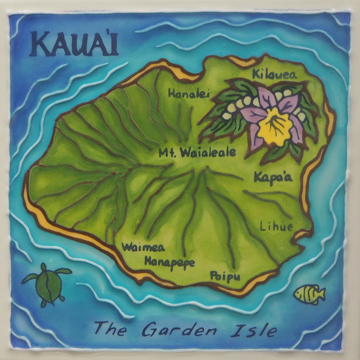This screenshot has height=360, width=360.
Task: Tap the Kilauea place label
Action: pos(274,74)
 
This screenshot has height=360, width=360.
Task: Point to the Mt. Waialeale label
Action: pos(197,153)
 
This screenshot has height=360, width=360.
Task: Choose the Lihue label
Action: pos(276,226)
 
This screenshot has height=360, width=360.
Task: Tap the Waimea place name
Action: pos(143,247)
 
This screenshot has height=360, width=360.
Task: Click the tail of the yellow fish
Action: pos(321,294)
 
